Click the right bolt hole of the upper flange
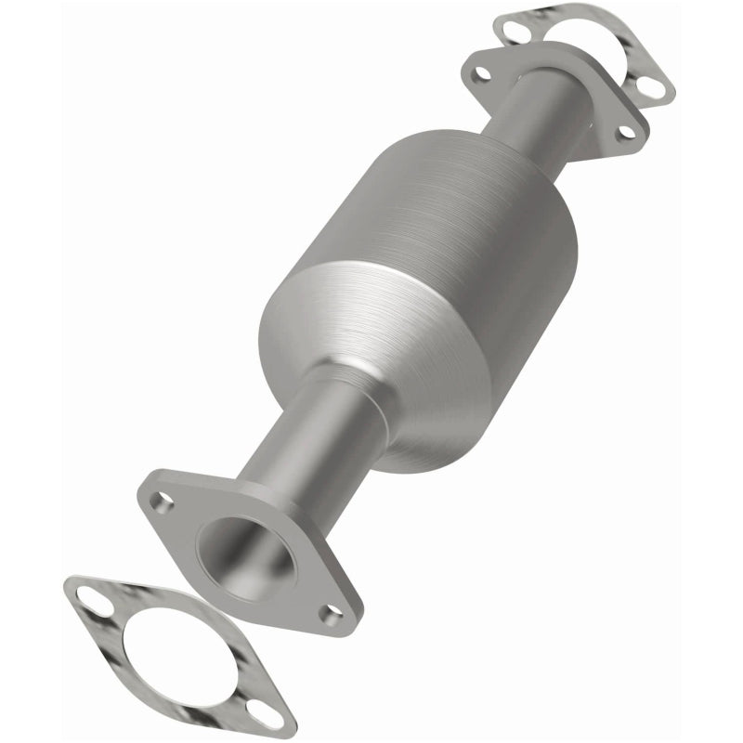click(x=628, y=132)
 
